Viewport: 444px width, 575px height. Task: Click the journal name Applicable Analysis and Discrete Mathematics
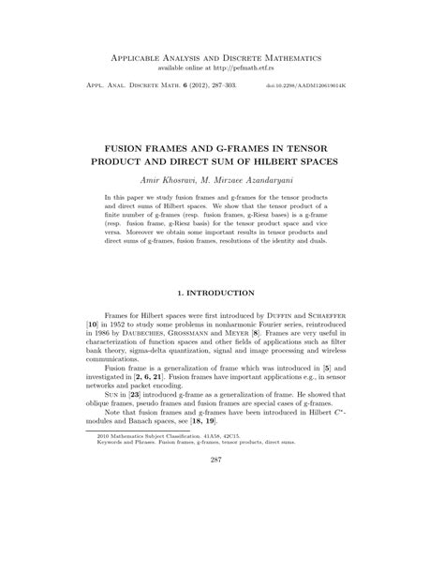click(x=222, y=57)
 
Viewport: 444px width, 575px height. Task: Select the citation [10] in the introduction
click(x=91, y=328)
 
